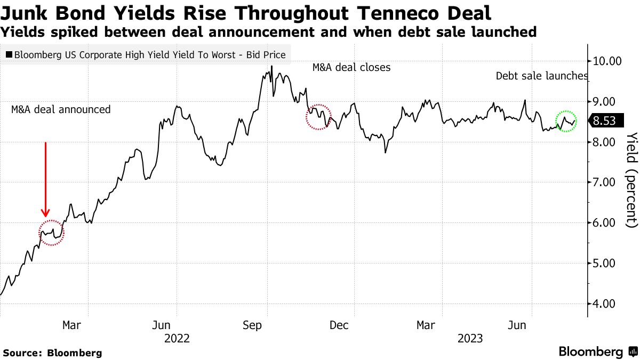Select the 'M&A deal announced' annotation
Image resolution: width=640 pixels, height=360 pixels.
click(x=61, y=109)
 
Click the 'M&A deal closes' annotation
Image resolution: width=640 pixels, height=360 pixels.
click(x=351, y=68)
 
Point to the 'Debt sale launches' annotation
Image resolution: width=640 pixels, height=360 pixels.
click(x=542, y=76)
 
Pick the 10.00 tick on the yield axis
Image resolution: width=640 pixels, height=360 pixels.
click(x=607, y=61)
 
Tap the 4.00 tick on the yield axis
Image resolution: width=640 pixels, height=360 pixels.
click(x=607, y=304)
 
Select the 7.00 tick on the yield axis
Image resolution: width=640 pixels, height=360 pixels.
click(x=607, y=182)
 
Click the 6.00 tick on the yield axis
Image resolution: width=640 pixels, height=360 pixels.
click(x=607, y=223)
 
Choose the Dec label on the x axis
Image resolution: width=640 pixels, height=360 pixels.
click(x=339, y=325)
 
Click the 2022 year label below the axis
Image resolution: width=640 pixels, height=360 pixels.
click(x=177, y=338)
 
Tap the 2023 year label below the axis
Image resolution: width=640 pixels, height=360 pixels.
click(x=469, y=338)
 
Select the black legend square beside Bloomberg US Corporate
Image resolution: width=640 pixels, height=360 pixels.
click(x=9, y=54)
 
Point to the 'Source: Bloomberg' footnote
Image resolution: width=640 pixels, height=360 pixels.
click(x=52, y=353)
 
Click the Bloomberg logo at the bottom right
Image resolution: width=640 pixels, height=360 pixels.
click(x=597, y=351)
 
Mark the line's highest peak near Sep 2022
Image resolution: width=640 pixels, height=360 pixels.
click(x=271, y=67)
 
